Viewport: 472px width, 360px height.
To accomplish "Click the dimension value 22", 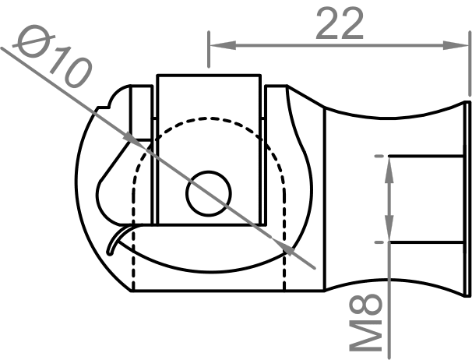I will tap(340, 25).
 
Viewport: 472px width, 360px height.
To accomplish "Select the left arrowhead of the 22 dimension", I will tap(218, 44).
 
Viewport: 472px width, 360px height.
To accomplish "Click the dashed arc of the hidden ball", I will tap(210, 119).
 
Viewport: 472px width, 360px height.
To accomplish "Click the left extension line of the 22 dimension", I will tap(209, 55).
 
